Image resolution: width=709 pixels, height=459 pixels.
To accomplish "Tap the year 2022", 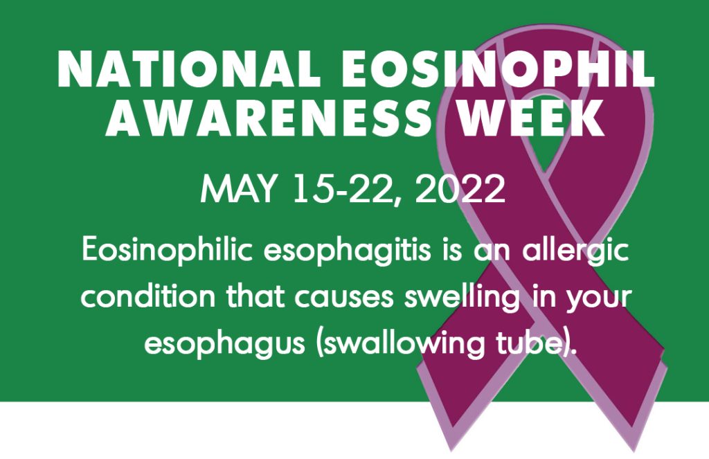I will tap(460, 188).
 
